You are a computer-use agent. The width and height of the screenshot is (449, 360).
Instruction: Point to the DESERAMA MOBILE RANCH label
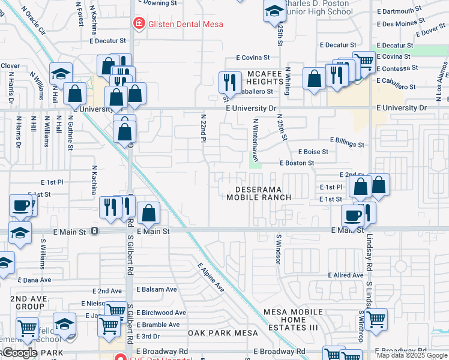pos(259,193)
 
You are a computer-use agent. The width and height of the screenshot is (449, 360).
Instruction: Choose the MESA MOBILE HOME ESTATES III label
pos(293,320)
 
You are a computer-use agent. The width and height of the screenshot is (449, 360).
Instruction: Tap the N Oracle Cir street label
pos(34,23)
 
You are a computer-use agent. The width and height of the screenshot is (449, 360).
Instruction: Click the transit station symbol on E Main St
pos(95,230)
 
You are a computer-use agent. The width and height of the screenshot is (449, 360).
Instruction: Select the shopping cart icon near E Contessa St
pos(364,61)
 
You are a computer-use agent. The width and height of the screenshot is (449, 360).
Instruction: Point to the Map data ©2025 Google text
pos(412,355)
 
